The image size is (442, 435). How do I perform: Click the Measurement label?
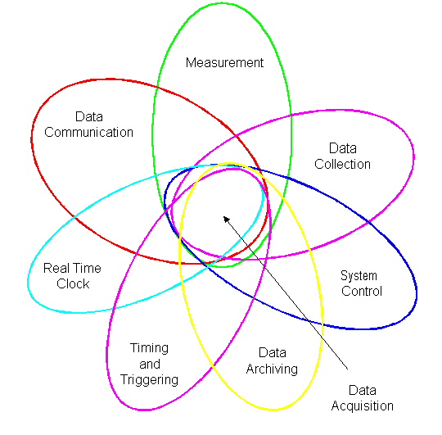click(224, 62)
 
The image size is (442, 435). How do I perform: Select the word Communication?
click(88, 133)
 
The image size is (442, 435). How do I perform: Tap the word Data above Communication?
click(89, 116)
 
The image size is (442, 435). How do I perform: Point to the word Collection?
click(342, 164)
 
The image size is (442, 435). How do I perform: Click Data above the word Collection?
click(343, 148)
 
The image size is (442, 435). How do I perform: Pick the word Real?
click(56, 268)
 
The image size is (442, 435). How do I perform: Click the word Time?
click(87, 268)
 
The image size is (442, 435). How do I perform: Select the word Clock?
click(73, 283)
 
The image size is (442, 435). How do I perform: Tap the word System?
click(359, 276)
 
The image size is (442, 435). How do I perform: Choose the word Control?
click(362, 291)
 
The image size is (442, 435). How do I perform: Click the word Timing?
click(149, 349)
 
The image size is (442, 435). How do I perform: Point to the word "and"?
click(150, 364)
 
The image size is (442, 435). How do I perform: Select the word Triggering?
click(149, 380)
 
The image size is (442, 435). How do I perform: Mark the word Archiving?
click(272, 369)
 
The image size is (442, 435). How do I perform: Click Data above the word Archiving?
click(273, 352)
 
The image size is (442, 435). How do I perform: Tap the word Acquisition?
click(363, 406)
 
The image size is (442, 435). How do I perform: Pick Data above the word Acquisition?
click(363, 391)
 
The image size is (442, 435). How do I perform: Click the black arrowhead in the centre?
click(226, 220)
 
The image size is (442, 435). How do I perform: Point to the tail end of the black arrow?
click(347, 369)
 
